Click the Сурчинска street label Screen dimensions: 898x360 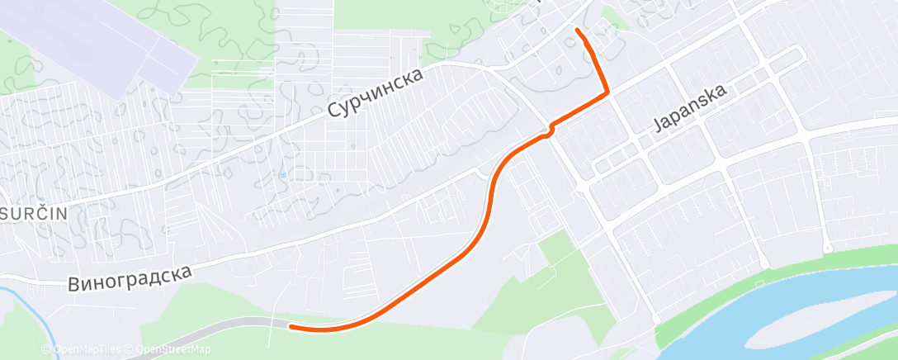(376, 92)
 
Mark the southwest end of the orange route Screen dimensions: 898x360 (291, 327)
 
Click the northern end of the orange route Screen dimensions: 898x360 (577, 31)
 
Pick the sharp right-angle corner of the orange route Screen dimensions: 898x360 (608, 92)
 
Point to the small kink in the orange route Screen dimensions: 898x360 (548, 130)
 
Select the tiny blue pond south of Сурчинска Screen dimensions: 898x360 (283, 175)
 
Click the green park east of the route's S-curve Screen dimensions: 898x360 (570, 272)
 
